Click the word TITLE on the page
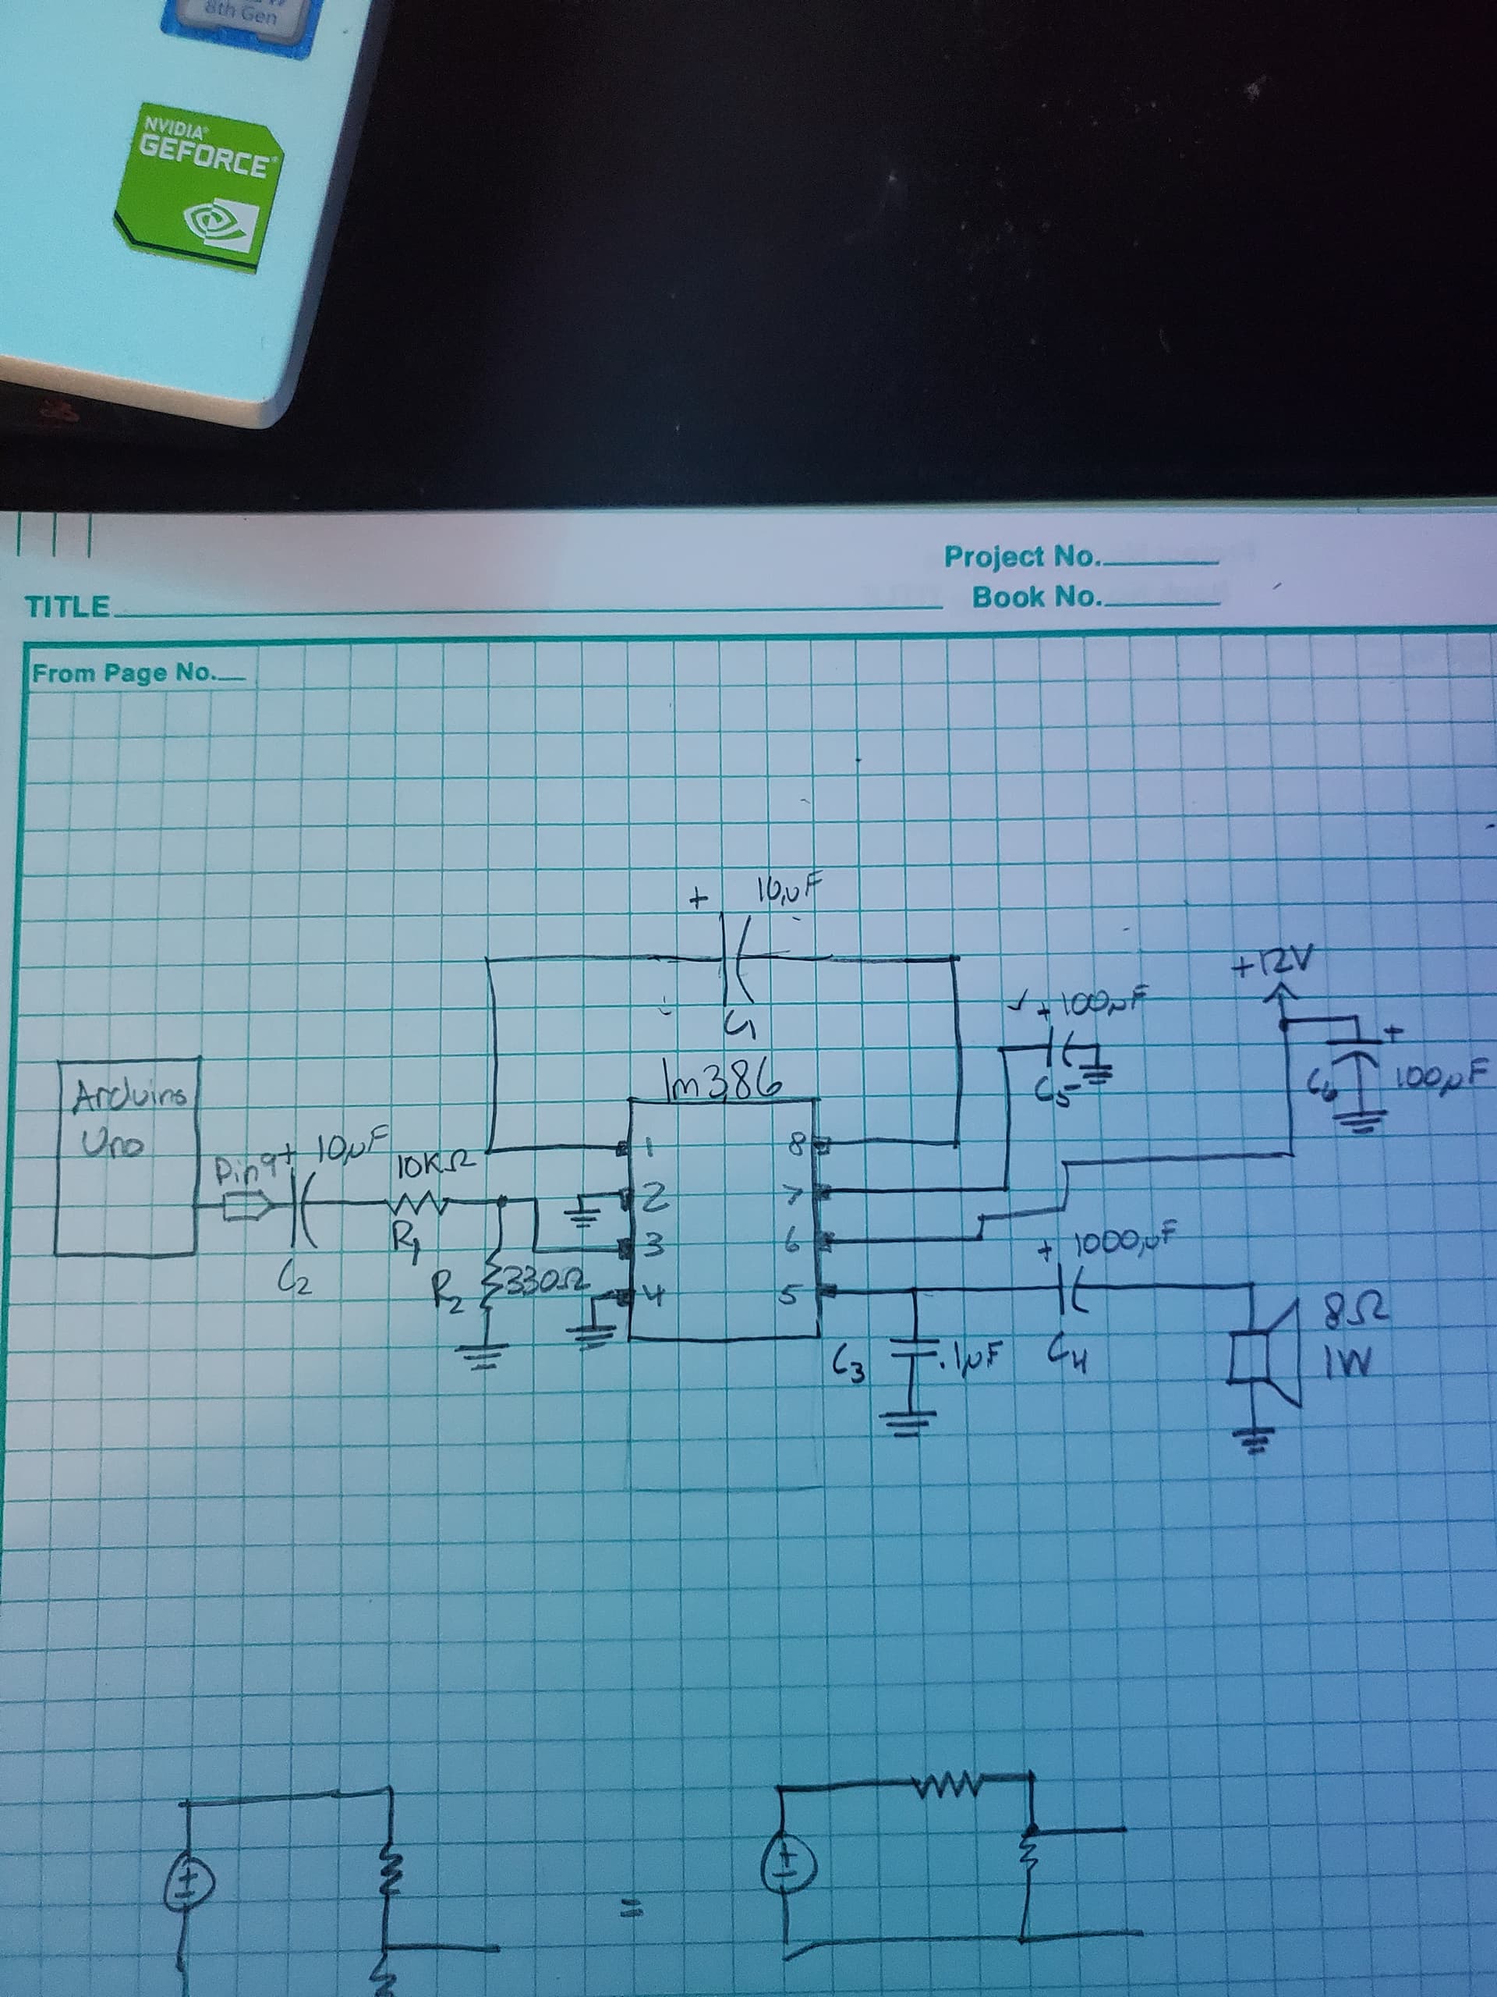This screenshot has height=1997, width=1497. point(68,606)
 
